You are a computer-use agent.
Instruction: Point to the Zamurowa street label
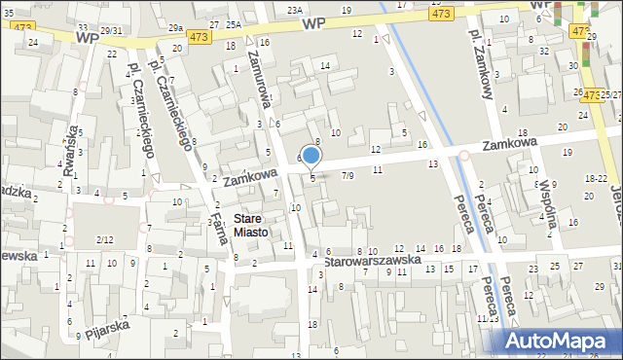[263, 88]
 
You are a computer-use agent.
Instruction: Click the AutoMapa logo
[564, 341]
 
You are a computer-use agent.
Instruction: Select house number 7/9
[348, 175]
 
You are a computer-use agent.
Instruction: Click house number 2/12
[104, 239]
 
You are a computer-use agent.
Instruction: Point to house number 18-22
[596, 179]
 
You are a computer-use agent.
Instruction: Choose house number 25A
[234, 23]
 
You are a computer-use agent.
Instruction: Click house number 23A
[294, 9]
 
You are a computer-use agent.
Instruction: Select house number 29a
[175, 29]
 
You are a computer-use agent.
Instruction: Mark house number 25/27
[610, 94]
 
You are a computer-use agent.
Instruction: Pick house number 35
[8, 13]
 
